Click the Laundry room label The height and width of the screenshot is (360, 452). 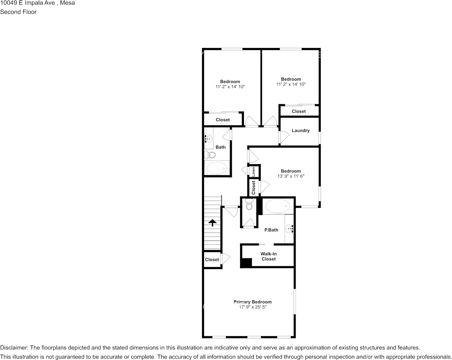click(x=301, y=131)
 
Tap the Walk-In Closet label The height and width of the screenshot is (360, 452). click(x=268, y=256)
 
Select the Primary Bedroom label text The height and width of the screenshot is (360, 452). click(x=253, y=302)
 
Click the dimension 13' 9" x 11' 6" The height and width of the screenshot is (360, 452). click(x=291, y=176)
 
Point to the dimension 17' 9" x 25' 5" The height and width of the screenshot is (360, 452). click(x=253, y=307)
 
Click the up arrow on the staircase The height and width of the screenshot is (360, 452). click(x=212, y=222)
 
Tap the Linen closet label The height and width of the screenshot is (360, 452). click(x=254, y=171)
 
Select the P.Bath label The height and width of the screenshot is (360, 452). click(x=271, y=230)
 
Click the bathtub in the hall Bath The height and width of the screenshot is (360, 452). click(x=216, y=168)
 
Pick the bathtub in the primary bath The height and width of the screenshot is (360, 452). click(x=277, y=206)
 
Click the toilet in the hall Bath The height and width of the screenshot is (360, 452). click(x=210, y=155)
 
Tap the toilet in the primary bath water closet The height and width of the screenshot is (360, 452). click(x=249, y=205)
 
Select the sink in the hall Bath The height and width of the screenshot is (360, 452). click(x=208, y=139)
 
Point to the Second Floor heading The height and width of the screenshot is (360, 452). click(x=18, y=12)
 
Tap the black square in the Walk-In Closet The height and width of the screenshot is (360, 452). click(x=246, y=263)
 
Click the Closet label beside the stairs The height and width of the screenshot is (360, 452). click(x=212, y=260)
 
